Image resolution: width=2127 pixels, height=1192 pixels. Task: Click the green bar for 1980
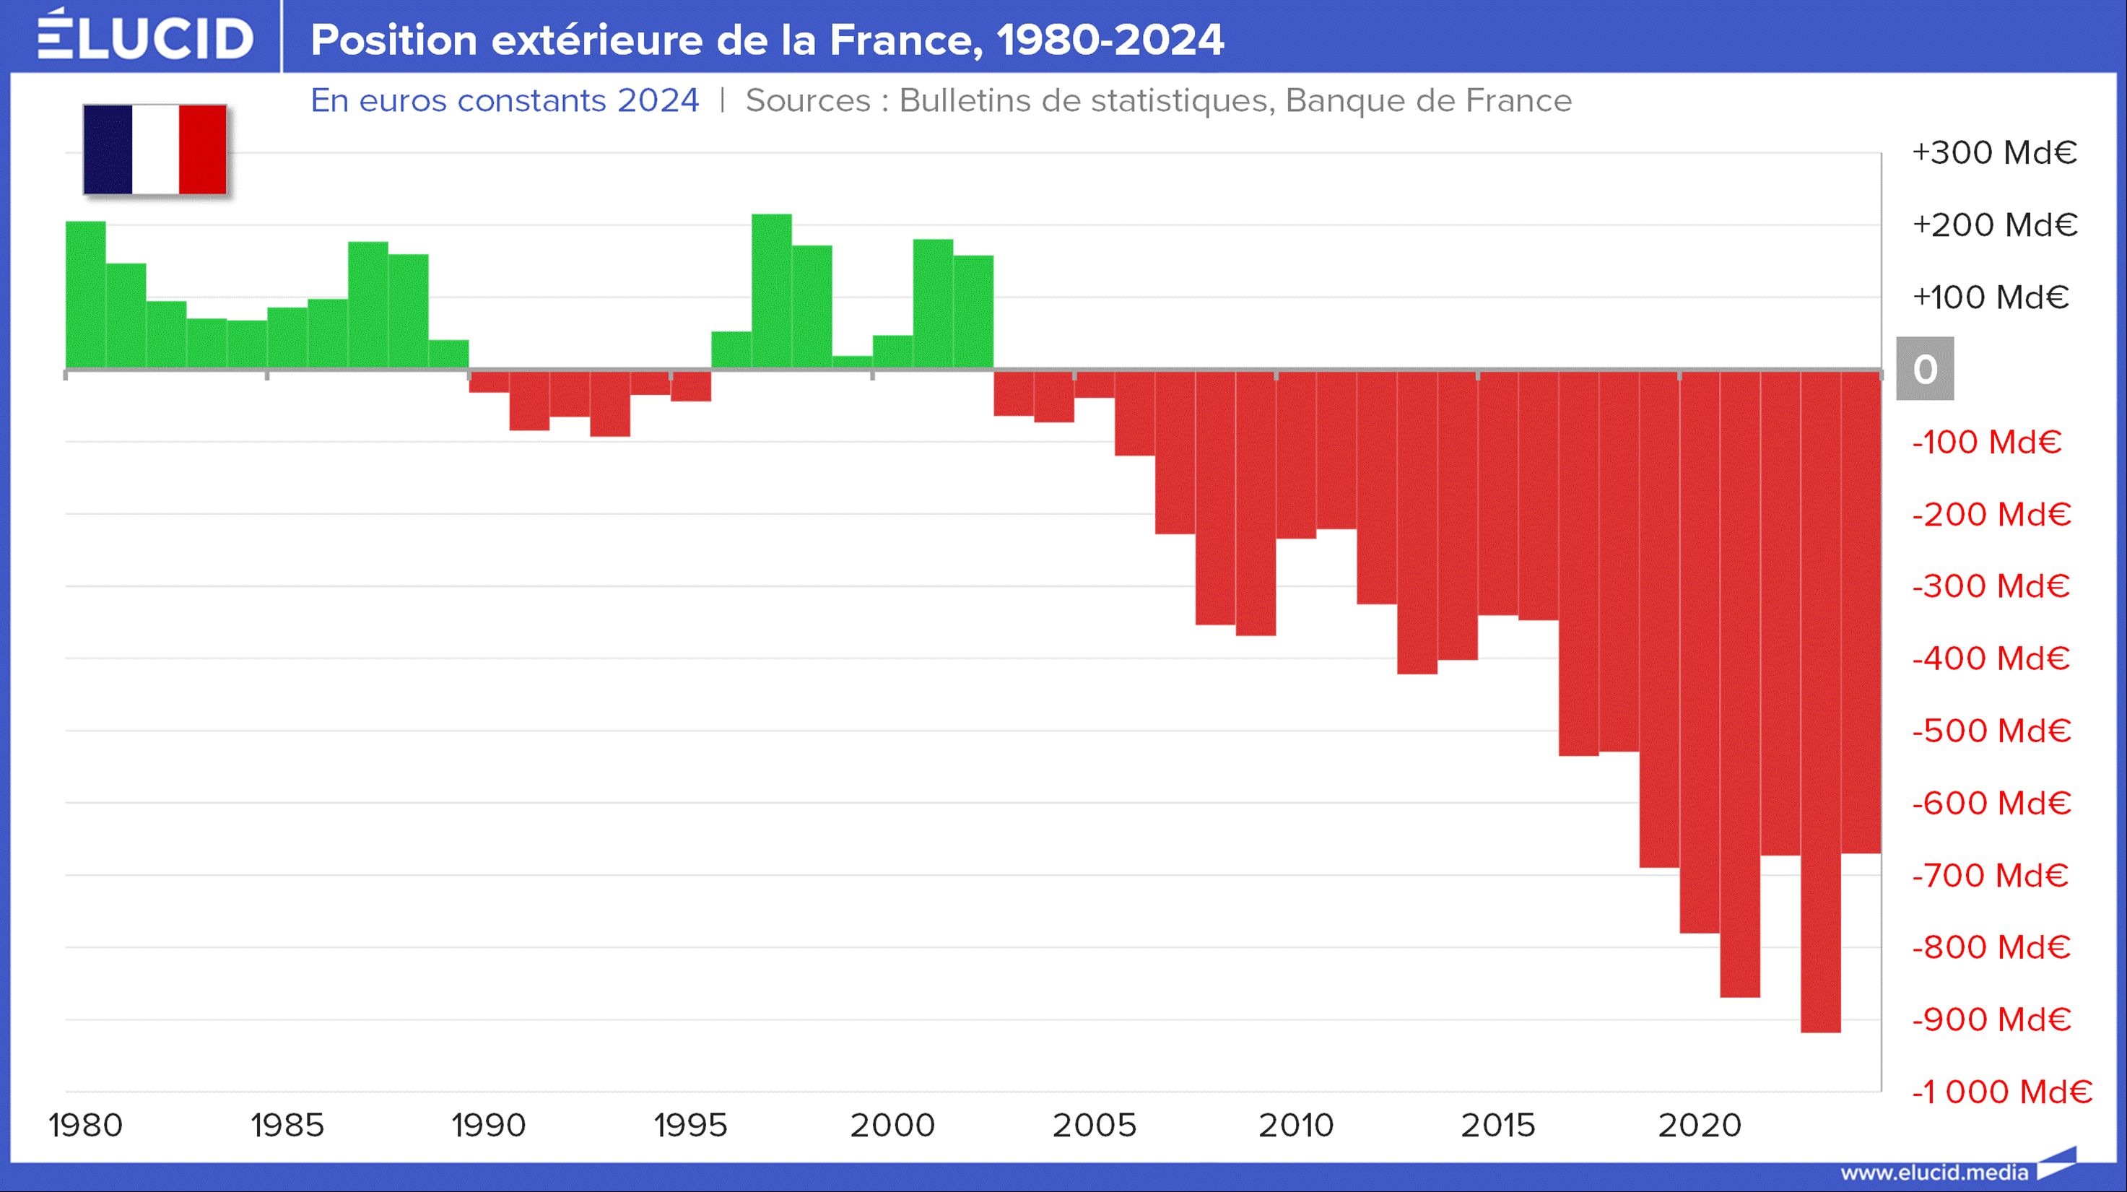click(x=86, y=295)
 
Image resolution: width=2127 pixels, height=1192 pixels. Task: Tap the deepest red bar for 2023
click(x=1821, y=702)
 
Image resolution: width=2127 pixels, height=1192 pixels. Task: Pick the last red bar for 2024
click(x=1861, y=612)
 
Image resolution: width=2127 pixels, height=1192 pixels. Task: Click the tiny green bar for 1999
click(x=852, y=362)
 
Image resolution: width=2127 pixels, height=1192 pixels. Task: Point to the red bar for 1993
click(x=610, y=404)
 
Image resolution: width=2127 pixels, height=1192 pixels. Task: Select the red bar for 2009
click(x=1256, y=503)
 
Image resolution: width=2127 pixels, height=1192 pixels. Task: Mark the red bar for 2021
click(x=1740, y=684)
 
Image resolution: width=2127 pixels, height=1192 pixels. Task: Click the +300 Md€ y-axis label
click(x=1994, y=153)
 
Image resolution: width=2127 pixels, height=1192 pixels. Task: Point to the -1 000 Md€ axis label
click(x=2001, y=1092)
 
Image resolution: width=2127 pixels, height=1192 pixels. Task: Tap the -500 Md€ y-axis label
click(x=1991, y=731)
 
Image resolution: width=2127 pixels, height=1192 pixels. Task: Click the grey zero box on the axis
click(x=1925, y=369)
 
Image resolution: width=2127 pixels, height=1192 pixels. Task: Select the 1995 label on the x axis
click(x=690, y=1125)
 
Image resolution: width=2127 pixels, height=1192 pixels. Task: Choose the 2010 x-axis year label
click(x=1295, y=1125)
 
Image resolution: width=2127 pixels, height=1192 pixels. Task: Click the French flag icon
click(x=155, y=149)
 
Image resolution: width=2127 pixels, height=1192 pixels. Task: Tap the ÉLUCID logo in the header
click(x=145, y=36)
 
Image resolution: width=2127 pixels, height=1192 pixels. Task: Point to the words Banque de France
click(x=1428, y=100)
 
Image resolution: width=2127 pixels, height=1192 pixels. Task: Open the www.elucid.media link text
click(x=1934, y=1173)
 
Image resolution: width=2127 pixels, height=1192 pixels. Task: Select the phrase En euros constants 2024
click(x=505, y=100)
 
